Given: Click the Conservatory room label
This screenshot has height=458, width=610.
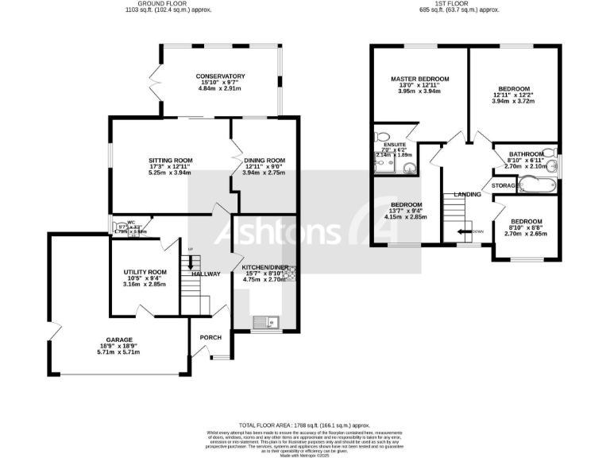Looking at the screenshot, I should tap(221, 76).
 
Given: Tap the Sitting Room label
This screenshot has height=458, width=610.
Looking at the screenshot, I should tap(171, 160).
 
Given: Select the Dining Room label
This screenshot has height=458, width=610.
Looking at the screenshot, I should tap(263, 160).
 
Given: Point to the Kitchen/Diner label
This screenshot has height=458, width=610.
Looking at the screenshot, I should tap(265, 266).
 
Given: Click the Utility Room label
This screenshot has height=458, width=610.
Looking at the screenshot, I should tap(145, 271).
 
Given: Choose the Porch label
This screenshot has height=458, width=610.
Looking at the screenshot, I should tap(210, 337).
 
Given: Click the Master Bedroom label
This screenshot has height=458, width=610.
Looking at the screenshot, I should tap(419, 79).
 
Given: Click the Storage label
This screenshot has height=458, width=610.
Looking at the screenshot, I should tap(504, 185).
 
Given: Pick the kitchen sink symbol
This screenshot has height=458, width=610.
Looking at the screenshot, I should tap(263, 322).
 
